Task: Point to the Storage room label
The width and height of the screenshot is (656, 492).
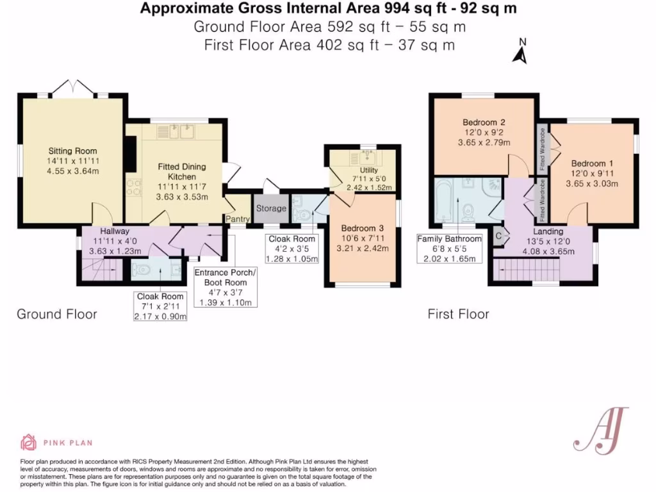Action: tap(271, 208)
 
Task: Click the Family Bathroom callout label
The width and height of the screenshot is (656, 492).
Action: tap(449, 239)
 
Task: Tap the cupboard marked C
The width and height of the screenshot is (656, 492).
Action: tap(499, 236)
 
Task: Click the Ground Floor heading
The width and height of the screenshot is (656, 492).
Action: tap(56, 314)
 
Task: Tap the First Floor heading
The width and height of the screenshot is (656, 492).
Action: tap(458, 314)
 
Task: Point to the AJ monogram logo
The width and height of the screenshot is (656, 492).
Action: tap(600, 429)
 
